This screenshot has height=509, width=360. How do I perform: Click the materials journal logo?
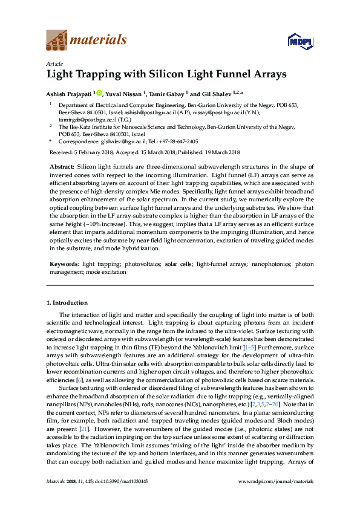pyautogui.click(x=87, y=41)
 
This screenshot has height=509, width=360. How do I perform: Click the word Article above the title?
pyautogui.click(x=54, y=63)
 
